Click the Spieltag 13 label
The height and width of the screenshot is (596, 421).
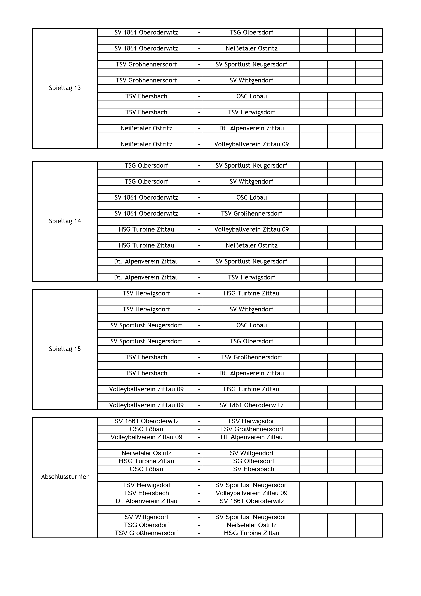65,88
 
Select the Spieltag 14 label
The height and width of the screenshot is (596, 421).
65,221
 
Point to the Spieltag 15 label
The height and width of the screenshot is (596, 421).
65,349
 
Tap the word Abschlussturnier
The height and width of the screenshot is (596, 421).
65,477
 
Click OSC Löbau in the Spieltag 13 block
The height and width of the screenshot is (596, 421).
251,96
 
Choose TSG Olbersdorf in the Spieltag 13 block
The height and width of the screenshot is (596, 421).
251,32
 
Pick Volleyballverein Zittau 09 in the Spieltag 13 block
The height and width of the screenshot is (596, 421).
251,144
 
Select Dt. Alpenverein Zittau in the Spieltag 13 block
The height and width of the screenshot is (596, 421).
251,128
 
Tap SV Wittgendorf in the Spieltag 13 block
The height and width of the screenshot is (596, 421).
251,80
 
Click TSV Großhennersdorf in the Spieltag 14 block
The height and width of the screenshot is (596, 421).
251,213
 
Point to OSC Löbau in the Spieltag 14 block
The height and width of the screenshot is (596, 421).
251,198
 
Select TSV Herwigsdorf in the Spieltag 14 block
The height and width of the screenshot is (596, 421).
251,277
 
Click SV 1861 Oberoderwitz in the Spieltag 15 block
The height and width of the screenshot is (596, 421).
251,405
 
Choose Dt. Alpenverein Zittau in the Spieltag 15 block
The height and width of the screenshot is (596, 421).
251,373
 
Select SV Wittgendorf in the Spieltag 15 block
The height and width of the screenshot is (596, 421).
251,309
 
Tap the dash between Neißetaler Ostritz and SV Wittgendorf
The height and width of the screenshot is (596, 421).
199,453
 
